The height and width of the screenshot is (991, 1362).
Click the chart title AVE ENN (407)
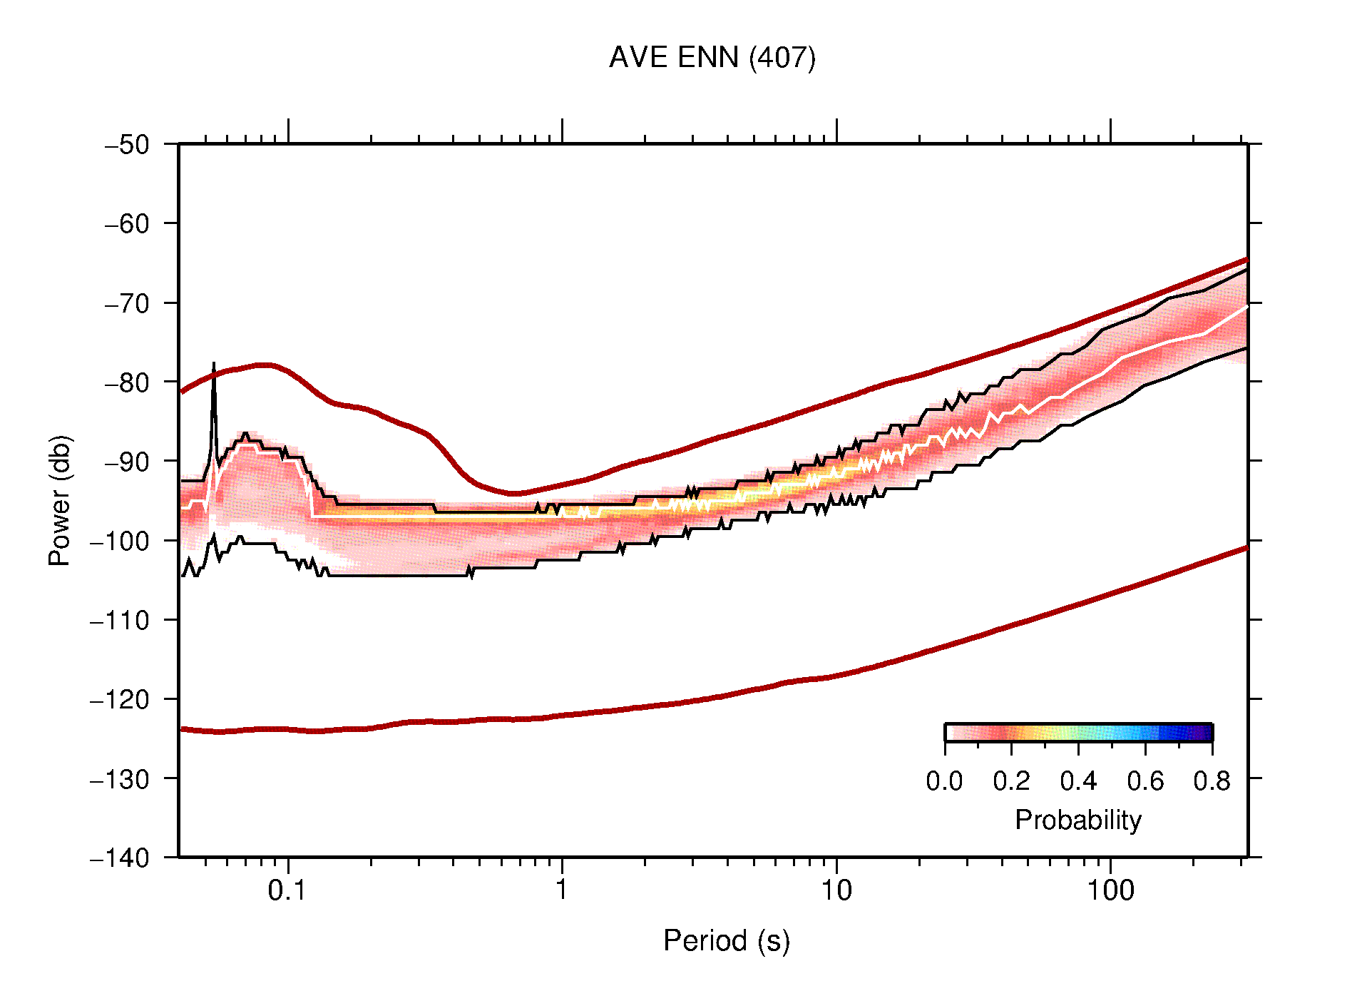click(712, 58)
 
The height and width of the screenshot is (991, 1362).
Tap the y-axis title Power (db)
click(60, 500)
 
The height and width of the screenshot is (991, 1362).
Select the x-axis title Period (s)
click(726, 940)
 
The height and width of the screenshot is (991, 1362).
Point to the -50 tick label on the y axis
click(127, 145)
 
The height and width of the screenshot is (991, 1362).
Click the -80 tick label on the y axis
click(127, 382)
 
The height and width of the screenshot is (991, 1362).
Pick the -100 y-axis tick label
click(120, 541)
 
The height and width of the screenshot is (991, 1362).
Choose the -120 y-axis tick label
click(120, 699)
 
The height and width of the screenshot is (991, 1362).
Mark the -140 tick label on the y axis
click(120, 858)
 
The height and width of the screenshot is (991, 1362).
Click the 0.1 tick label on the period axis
click(287, 890)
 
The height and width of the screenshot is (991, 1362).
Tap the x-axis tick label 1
click(562, 890)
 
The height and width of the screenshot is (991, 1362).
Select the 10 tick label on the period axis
click(836, 890)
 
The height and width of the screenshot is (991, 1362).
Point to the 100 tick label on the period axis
click(1110, 890)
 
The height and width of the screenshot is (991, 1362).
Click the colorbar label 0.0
click(944, 781)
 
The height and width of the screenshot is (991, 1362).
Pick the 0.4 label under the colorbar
click(1078, 781)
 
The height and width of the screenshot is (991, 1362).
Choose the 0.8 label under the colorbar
click(1212, 781)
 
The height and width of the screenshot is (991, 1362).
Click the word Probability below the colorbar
click(1077, 820)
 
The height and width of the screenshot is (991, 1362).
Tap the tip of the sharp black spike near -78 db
click(213, 365)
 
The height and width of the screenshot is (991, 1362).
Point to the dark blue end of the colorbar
click(1205, 733)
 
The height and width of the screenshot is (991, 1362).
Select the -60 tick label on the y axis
click(127, 224)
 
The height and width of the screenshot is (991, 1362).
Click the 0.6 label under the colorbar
click(1145, 781)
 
